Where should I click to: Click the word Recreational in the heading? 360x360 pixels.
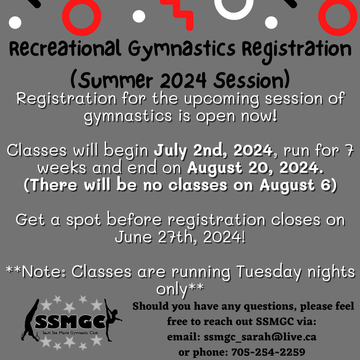point(65,49)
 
